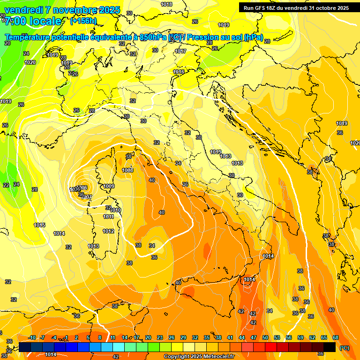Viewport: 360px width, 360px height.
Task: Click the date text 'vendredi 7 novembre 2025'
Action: (62, 10)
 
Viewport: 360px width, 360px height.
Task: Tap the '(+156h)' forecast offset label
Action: (83, 21)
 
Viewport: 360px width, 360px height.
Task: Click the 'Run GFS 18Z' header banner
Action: (296, 7)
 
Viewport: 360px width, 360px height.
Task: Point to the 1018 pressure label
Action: (166, 4)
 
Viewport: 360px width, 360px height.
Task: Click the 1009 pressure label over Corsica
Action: (109, 186)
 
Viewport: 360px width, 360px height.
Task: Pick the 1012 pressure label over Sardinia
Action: (108, 231)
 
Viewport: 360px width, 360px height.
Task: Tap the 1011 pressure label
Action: (108, 217)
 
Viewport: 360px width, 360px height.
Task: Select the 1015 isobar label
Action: (39, 225)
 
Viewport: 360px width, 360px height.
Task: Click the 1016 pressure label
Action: (179, 72)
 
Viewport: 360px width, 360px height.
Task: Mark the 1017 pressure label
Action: (180, 51)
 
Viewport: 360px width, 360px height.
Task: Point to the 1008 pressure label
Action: (127, 170)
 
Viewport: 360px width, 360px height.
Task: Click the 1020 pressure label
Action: (30, 62)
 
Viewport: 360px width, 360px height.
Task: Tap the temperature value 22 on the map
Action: (6, 185)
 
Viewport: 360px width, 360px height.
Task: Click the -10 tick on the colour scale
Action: (32, 337)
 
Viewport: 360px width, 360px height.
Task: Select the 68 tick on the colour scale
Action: (335, 337)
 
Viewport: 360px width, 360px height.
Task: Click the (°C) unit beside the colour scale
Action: (345, 348)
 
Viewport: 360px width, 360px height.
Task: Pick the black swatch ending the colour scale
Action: (330, 347)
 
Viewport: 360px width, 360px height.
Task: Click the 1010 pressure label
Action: (115, 210)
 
